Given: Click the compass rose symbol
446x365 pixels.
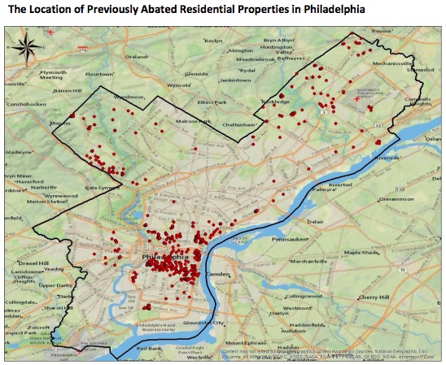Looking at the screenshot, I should [x=28, y=46].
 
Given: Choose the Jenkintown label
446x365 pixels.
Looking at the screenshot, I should [x=236, y=80].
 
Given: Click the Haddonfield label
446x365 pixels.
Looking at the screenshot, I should [x=309, y=324].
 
